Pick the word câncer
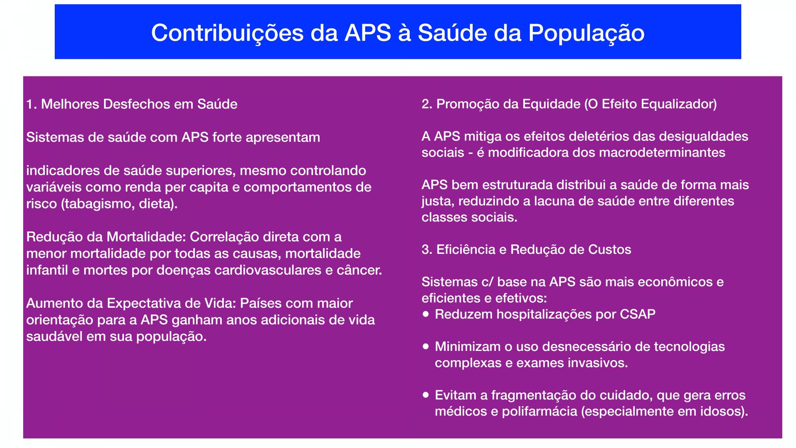(x=359, y=270)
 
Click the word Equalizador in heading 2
(x=678, y=104)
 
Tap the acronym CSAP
(x=638, y=314)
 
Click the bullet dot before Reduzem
(x=426, y=314)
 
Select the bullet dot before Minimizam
(x=426, y=346)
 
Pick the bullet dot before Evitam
(x=426, y=394)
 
